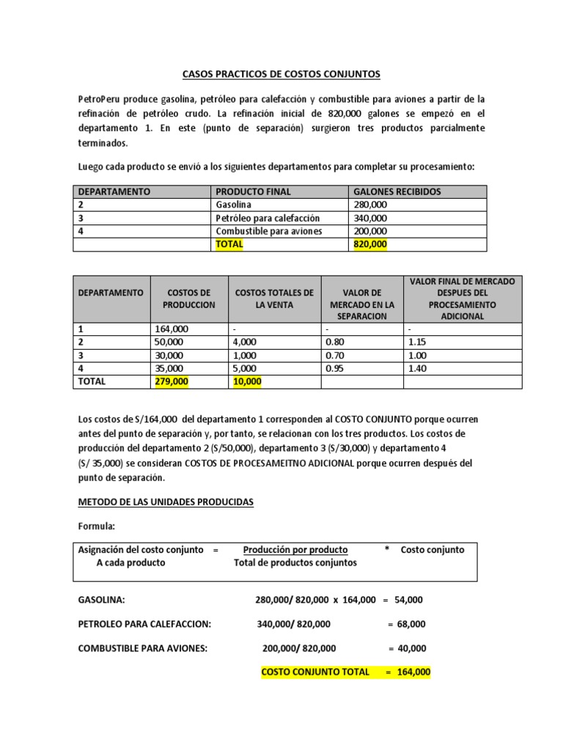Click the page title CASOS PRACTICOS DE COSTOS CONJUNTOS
pos(281,74)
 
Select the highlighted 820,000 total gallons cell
pos(370,244)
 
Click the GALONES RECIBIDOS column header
pos(397,191)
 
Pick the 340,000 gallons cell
pos(370,218)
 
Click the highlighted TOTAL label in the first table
pos(228,244)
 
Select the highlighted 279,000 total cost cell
pos(172,381)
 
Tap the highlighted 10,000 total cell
pos(246,381)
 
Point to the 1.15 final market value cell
pos(418,342)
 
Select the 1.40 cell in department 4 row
pos(418,368)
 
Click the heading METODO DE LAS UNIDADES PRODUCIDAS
pos(166,502)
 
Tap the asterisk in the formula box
pos(386,549)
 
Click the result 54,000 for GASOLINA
pos(408,600)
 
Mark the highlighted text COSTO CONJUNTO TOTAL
pos(315,672)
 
